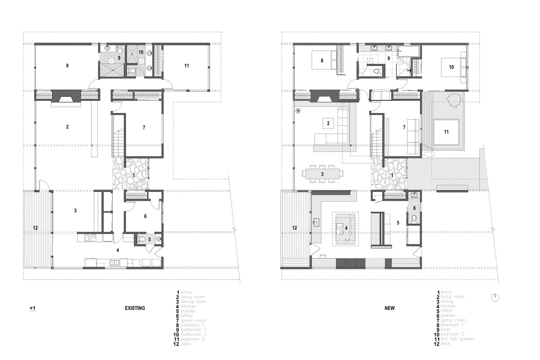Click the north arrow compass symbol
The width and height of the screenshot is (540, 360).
[495, 297]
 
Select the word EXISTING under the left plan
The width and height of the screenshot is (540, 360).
[135, 308]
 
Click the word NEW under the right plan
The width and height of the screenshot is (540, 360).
[390, 308]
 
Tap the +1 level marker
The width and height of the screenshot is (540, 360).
[32, 308]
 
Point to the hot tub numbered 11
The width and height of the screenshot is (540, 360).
[446, 132]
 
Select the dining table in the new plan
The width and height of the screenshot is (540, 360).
[323, 174]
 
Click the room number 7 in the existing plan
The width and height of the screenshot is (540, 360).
[144, 127]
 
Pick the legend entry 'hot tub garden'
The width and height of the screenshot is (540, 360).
[457, 339]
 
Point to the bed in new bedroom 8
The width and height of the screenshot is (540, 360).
[322, 60]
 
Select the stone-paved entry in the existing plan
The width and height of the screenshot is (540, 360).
[130, 175]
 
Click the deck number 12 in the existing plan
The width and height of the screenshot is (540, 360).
[35, 228]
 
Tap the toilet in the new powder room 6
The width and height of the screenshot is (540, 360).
[414, 218]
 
